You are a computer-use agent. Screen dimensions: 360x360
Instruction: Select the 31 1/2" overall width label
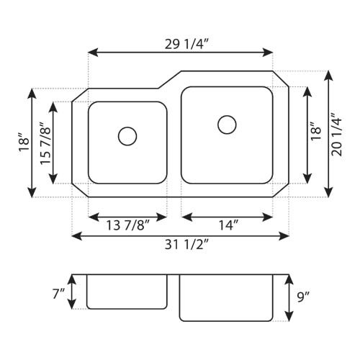click(x=181, y=245)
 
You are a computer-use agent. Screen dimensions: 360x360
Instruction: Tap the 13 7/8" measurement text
click(x=127, y=226)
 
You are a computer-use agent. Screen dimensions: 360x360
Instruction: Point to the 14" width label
click(x=227, y=226)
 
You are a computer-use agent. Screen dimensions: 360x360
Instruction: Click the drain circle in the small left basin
click(x=127, y=135)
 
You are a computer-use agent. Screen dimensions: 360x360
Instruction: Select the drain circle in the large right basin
click(x=227, y=125)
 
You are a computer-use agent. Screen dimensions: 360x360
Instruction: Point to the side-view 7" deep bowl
click(x=127, y=291)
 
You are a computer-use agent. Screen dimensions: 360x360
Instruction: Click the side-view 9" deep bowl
click(x=226, y=297)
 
